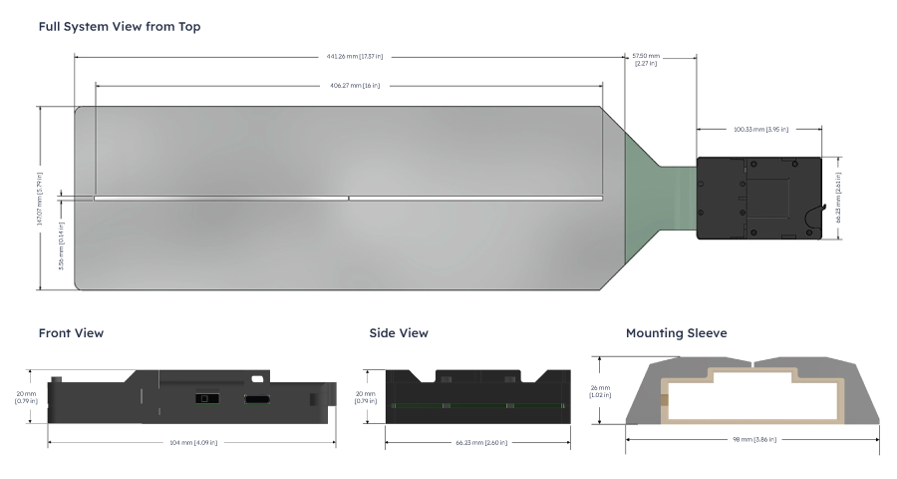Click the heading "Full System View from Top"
(120, 26)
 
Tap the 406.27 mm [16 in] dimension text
(350, 85)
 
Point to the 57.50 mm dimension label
(645, 60)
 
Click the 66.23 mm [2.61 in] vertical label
(838, 199)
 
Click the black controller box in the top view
(757, 198)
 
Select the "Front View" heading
(71, 333)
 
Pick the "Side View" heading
(399, 333)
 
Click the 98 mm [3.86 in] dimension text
(754, 439)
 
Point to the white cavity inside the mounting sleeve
(754, 398)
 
